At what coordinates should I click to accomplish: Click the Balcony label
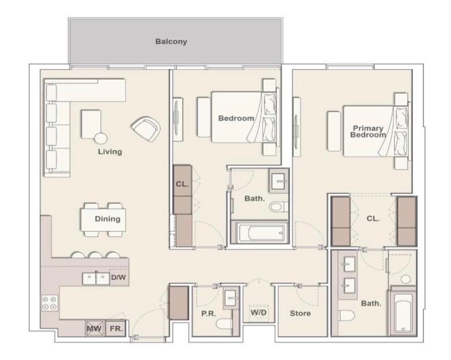pos(171,42)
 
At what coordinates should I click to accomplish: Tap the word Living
pos(110,152)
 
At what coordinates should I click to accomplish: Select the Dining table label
pos(108,219)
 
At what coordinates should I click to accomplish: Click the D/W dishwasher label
pos(119,278)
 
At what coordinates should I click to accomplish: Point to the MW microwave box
pos(94,328)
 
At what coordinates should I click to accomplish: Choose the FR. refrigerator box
pos(116,328)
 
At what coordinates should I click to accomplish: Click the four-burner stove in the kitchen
pos(50,303)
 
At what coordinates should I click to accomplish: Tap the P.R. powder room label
pos(209,314)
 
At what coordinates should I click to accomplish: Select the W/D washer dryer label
pos(258,313)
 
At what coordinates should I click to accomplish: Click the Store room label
pos(300,313)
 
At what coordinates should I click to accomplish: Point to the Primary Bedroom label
pos(368,132)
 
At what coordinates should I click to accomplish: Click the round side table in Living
pos(101,139)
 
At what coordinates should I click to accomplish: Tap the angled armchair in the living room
pos(146,129)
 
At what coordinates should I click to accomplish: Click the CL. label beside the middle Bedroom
pos(182,184)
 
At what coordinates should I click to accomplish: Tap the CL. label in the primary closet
pos(373,219)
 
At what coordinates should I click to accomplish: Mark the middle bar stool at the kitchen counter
pos(95,255)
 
